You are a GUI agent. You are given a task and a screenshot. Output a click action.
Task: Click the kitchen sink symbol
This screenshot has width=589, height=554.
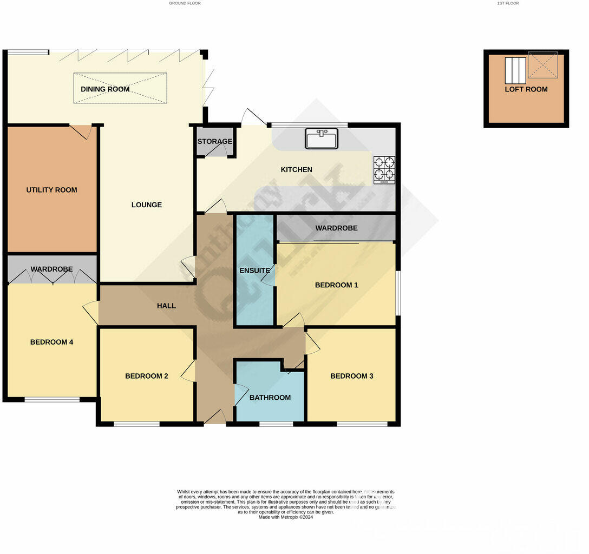click(322, 138)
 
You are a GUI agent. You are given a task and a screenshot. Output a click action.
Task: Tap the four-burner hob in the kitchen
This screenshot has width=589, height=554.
click(384, 169)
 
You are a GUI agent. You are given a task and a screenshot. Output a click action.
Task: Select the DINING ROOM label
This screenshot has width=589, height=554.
click(105, 89)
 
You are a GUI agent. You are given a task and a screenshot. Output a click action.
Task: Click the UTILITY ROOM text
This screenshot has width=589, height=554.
click(51, 190)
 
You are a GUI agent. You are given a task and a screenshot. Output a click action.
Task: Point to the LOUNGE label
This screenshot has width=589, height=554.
click(147, 205)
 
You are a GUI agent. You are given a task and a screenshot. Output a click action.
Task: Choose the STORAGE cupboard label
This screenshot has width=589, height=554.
click(214, 142)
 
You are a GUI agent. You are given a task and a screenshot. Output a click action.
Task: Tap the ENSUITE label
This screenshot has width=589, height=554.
click(255, 271)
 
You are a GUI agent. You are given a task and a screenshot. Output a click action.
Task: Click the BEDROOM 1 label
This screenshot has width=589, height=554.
click(336, 285)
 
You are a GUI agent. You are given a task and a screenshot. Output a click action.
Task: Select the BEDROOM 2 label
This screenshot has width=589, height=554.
click(147, 376)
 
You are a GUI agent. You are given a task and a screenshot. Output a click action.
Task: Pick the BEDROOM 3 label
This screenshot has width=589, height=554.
click(352, 376)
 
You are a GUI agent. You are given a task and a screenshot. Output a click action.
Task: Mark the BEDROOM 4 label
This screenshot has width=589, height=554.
click(51, 342)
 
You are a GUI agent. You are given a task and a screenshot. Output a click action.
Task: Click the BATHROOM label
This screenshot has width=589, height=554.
click(270, 398)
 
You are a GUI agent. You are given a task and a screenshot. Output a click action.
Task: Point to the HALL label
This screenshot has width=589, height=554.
click(166, 306)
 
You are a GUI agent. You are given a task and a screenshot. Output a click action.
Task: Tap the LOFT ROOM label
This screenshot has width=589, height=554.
click(526, 89)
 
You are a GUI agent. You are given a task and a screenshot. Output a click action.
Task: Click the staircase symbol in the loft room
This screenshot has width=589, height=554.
click(515, 70)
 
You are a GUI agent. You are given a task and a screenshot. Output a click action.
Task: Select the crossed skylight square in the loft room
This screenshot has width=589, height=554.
click(542, 65)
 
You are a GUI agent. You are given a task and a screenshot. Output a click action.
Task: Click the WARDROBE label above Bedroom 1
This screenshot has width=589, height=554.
click(336, 228)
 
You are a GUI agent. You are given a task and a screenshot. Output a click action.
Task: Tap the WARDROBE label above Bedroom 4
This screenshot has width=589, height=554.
click(51, 269)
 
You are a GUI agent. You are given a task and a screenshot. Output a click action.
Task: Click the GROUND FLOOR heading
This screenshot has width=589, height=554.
click(185, 3)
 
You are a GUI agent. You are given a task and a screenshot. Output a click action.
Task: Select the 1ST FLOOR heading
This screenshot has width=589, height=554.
click(508, 3)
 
